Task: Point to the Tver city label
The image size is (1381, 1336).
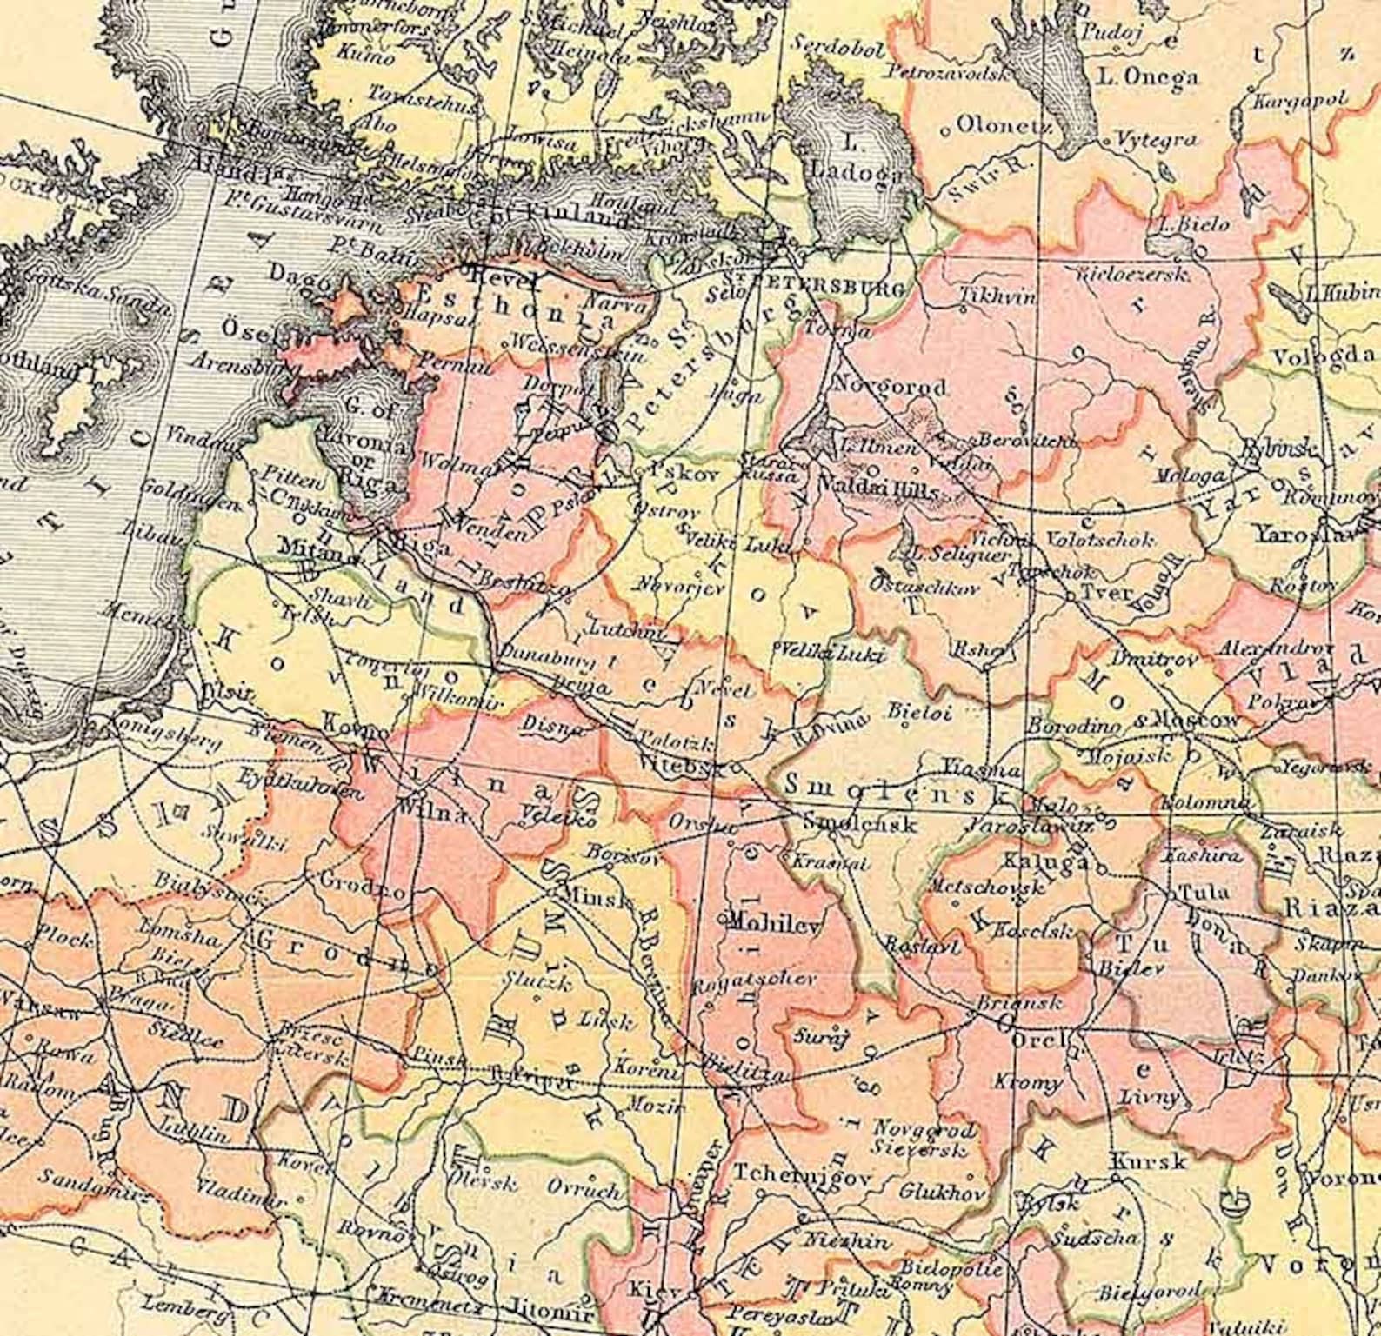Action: click(x=1105, y=593)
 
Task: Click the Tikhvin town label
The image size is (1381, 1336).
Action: click(x=997, y=296)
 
